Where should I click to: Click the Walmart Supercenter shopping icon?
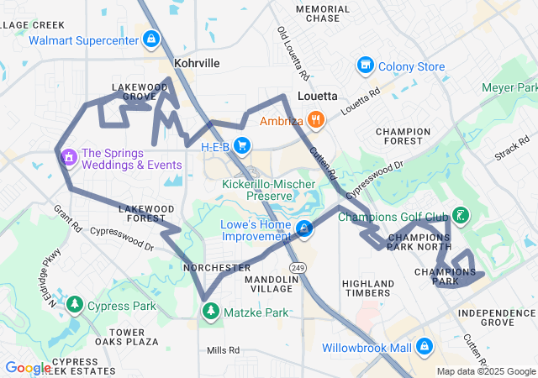coord(150,39)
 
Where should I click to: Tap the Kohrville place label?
coord(196,63)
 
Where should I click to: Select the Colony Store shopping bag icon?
coord(365,66)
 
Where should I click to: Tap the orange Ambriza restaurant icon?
coord(316,119)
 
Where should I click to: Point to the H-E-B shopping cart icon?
coord(242,146)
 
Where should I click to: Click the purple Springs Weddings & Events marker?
coord(67,155)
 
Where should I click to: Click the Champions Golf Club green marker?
coord(461,215)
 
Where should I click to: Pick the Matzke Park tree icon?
coord(209,312)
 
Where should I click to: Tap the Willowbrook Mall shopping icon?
coord(424,346)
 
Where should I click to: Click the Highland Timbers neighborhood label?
coord(368,288)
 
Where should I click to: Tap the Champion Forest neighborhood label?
coord(403,137)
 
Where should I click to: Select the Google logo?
coord(28,368)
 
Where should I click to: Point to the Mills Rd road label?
coord(224,350)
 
